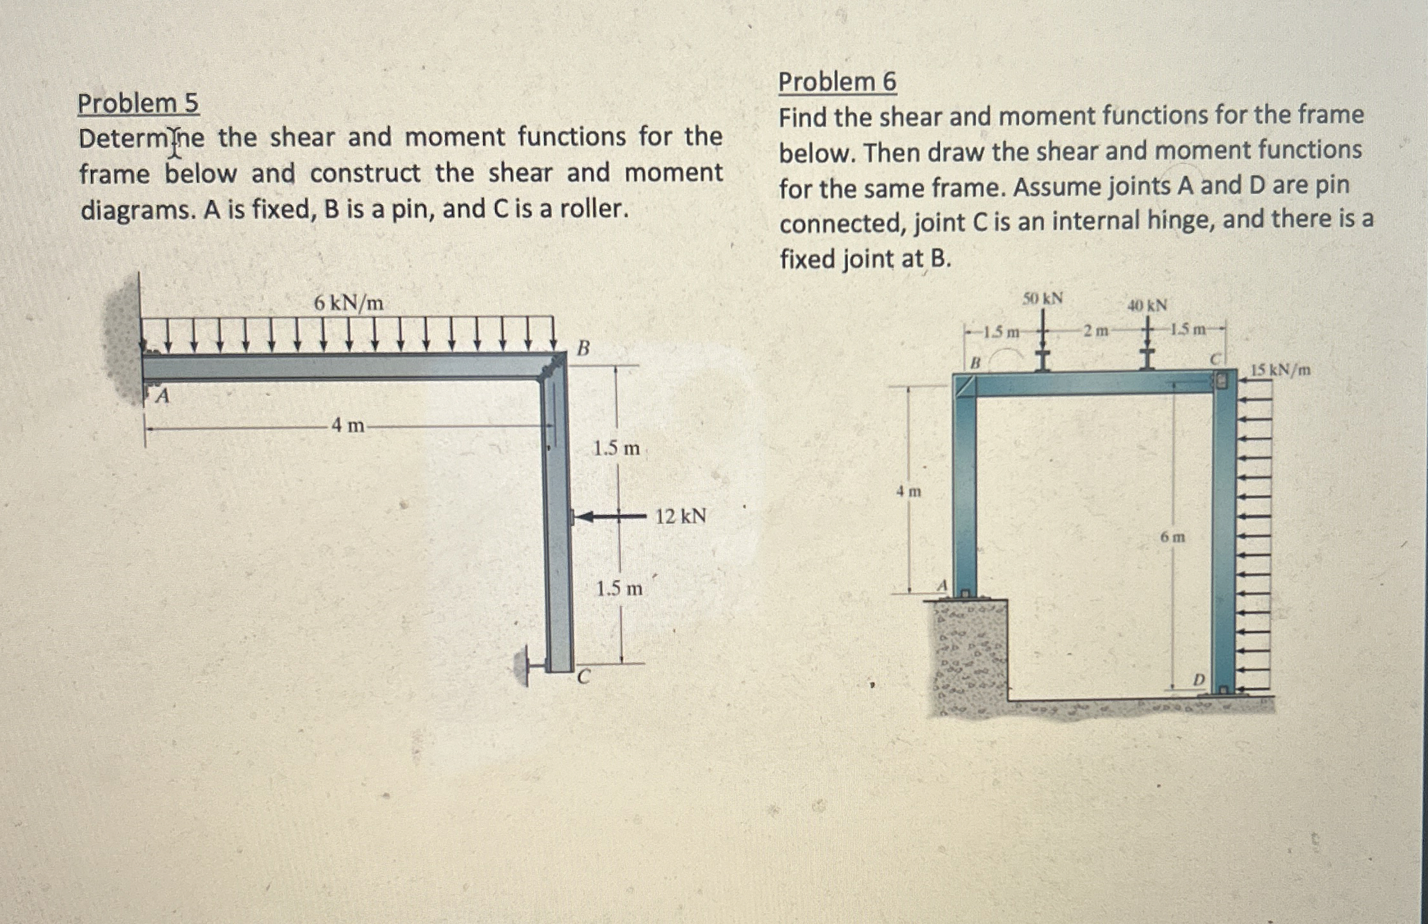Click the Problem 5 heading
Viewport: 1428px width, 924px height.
point(138,103)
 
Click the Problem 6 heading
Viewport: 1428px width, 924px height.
point(837,82)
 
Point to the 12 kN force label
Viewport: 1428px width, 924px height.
point(680,516)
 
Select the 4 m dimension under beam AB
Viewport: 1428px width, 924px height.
point(347,425)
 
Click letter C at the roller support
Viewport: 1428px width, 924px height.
point(583,677)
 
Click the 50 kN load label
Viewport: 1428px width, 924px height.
point(1042,299)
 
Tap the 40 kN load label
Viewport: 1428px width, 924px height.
point(1147,306)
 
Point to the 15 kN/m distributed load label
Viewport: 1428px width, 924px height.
point(1280,370)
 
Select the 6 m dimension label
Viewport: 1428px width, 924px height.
point(1172,537)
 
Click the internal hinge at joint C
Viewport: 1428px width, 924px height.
point(1222,381)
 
